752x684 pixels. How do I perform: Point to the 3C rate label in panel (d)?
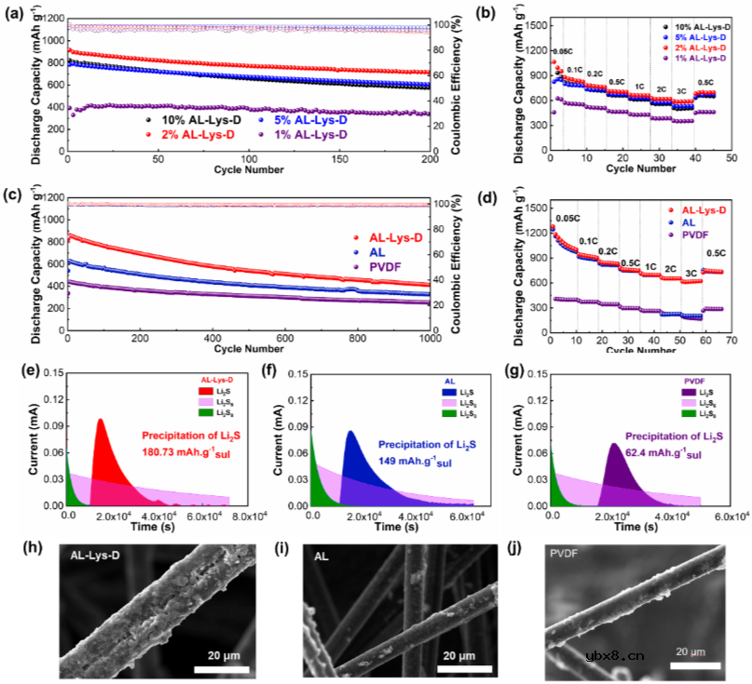pos(690,274)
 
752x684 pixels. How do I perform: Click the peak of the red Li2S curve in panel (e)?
pos(100,420)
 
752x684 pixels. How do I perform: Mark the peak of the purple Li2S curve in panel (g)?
pos(615,444)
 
